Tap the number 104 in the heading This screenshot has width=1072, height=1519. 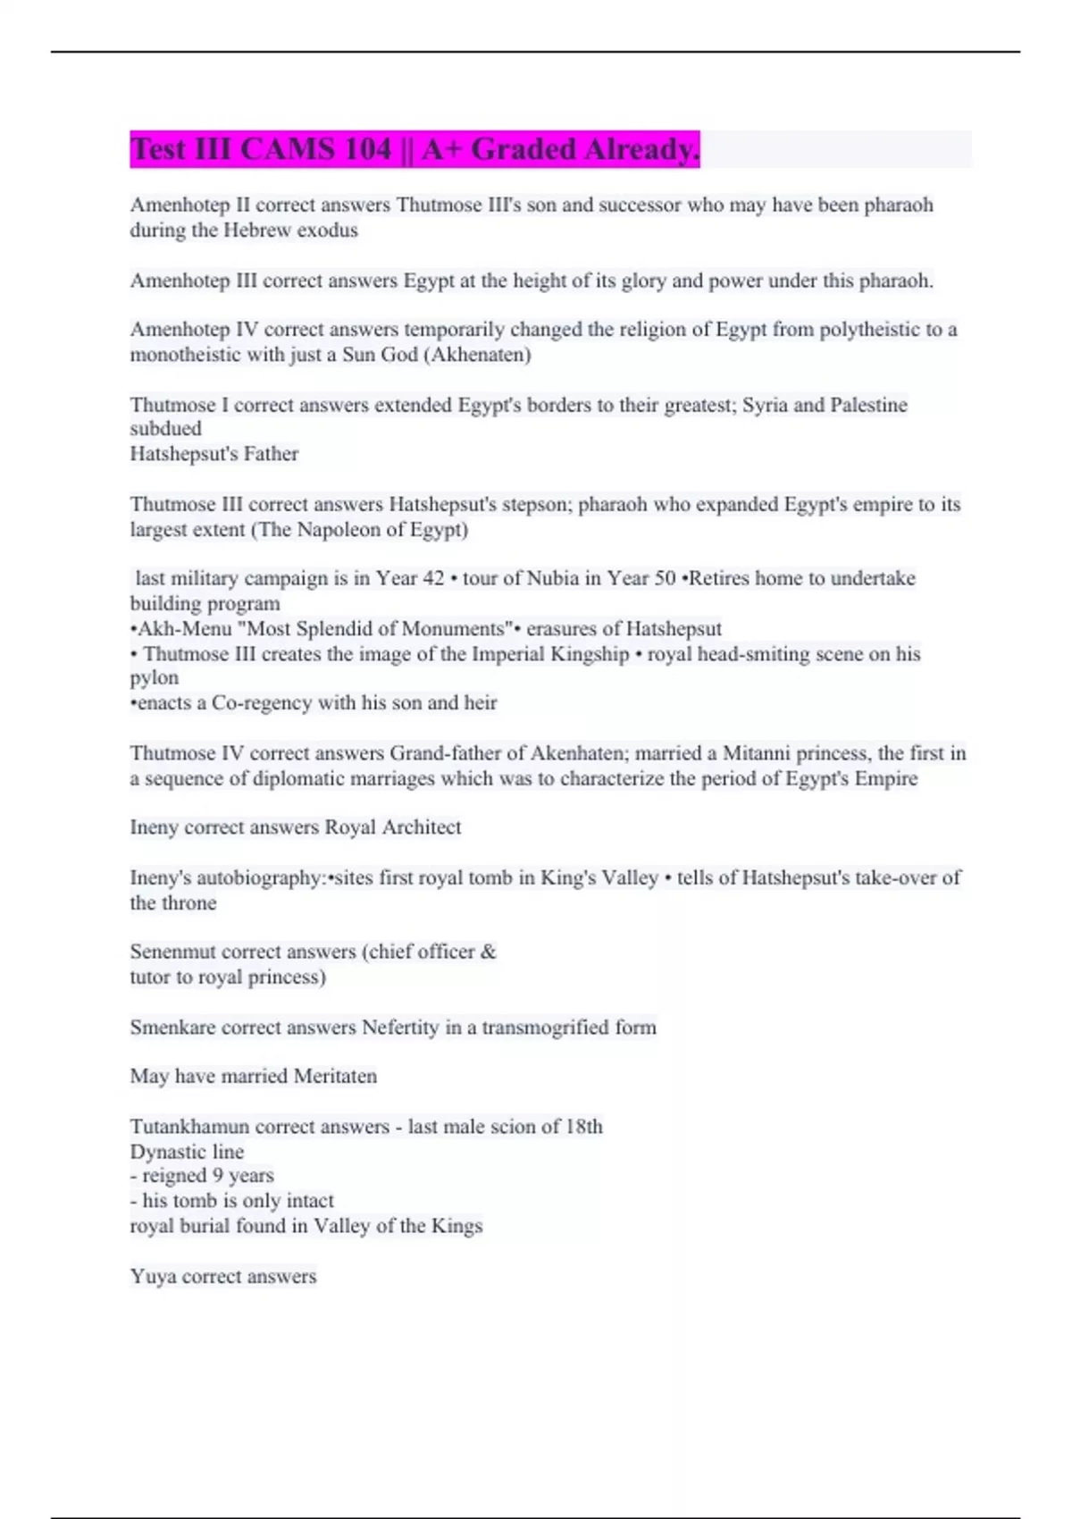click(367, 149)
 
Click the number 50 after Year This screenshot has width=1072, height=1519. click(664, 578)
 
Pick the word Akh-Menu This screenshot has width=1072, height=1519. click(184, 628)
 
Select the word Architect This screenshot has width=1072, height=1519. click(422, 827)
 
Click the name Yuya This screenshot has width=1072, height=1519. click(153, 1277)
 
